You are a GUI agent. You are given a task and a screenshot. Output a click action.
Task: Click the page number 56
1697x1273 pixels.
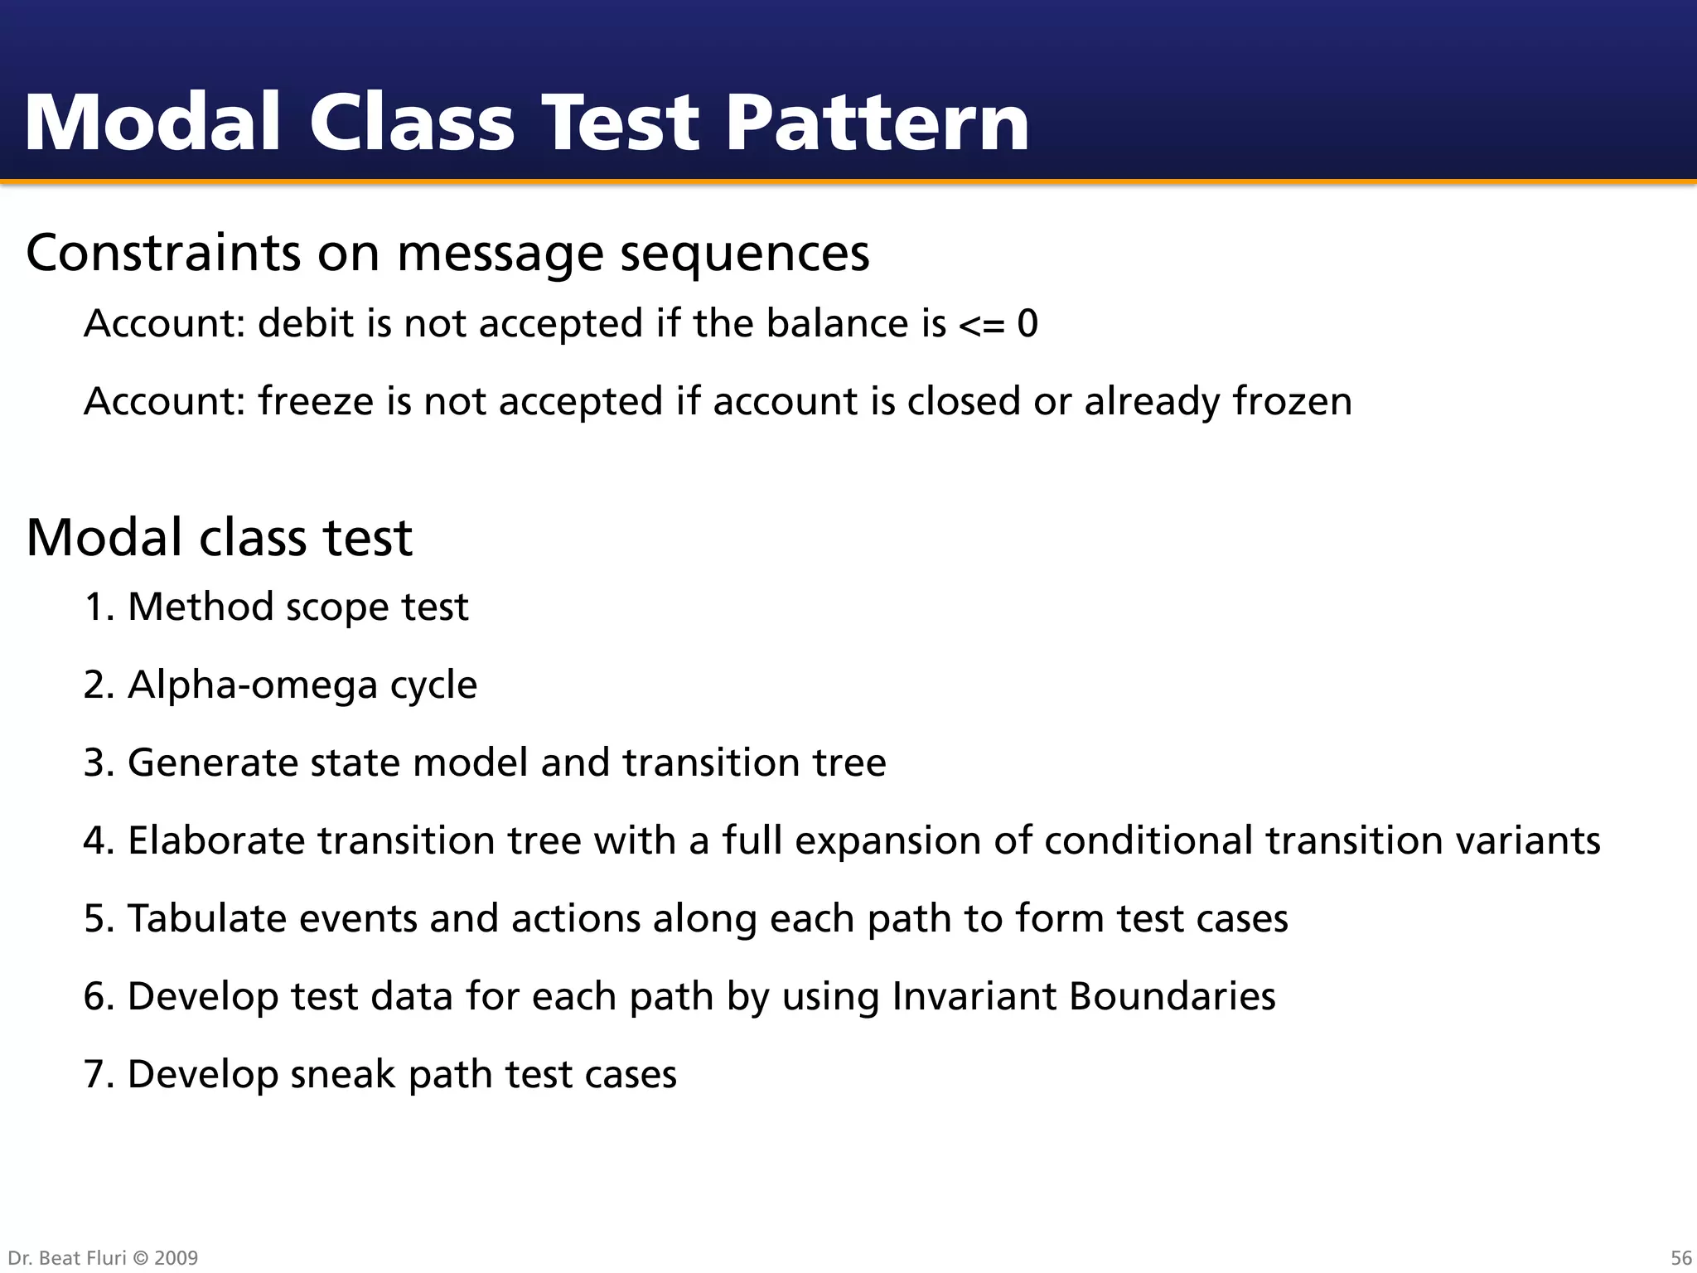point(1681,1257)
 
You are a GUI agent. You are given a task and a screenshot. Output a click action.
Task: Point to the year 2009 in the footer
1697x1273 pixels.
point(176,1258)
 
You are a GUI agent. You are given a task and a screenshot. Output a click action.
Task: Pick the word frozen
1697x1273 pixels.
point(1292,401)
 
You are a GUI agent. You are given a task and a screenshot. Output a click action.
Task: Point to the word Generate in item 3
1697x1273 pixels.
point(212,763)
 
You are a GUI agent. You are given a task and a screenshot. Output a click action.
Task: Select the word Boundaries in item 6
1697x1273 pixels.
point(1172,996)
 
